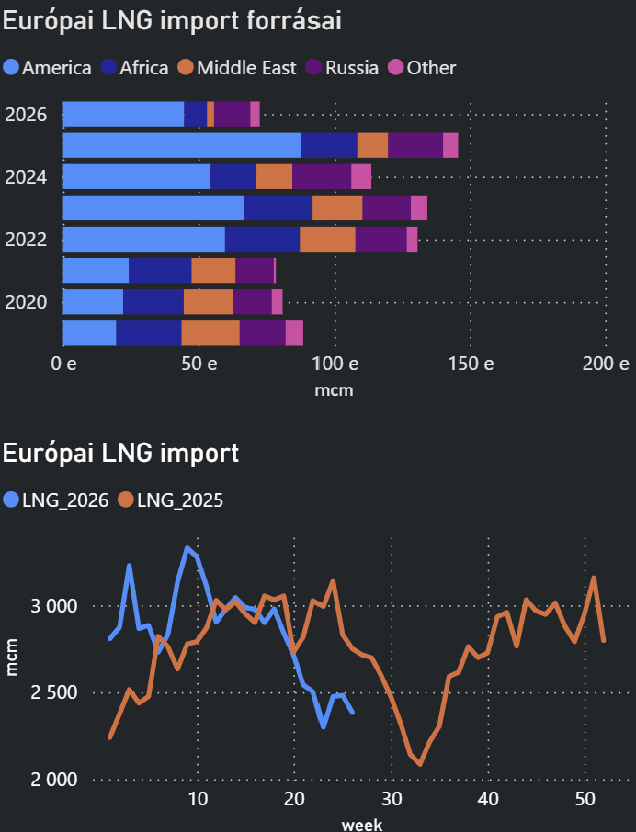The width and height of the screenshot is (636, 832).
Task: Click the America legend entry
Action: (x=47, y=68)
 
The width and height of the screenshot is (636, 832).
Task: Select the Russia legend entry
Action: (x=343, y=68)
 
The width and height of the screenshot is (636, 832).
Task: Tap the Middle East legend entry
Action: (x=237, y=68)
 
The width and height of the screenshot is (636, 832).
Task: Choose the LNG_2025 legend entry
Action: (x=170, y=500)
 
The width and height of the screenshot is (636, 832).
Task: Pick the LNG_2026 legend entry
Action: (x=56, y=500)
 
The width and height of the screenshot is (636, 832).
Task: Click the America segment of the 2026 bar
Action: (x=124, y=114)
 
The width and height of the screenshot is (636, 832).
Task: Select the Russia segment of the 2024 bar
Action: (x=322, y=176)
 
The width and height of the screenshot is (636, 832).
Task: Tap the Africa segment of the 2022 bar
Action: (x=262, y=240)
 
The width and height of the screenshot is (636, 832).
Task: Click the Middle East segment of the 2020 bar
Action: (x=208, y=302)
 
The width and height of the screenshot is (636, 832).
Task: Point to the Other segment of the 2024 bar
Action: (x=361, y=176)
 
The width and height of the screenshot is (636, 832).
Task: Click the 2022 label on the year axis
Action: (x=26, y=240)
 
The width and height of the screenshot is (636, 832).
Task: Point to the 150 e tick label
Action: (x=471, y=364)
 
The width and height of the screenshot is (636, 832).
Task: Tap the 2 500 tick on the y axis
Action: (x=53, y=692)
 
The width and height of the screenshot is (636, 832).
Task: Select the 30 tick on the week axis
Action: (x=392, y=799)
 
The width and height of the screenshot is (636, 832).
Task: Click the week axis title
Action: (x=362, y=824)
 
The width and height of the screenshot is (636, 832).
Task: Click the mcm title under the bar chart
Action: (x=334, y=390)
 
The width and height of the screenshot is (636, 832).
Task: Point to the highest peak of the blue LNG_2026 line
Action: (x=187, y=547)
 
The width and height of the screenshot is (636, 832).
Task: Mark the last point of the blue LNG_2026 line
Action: (x=353, y=713)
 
